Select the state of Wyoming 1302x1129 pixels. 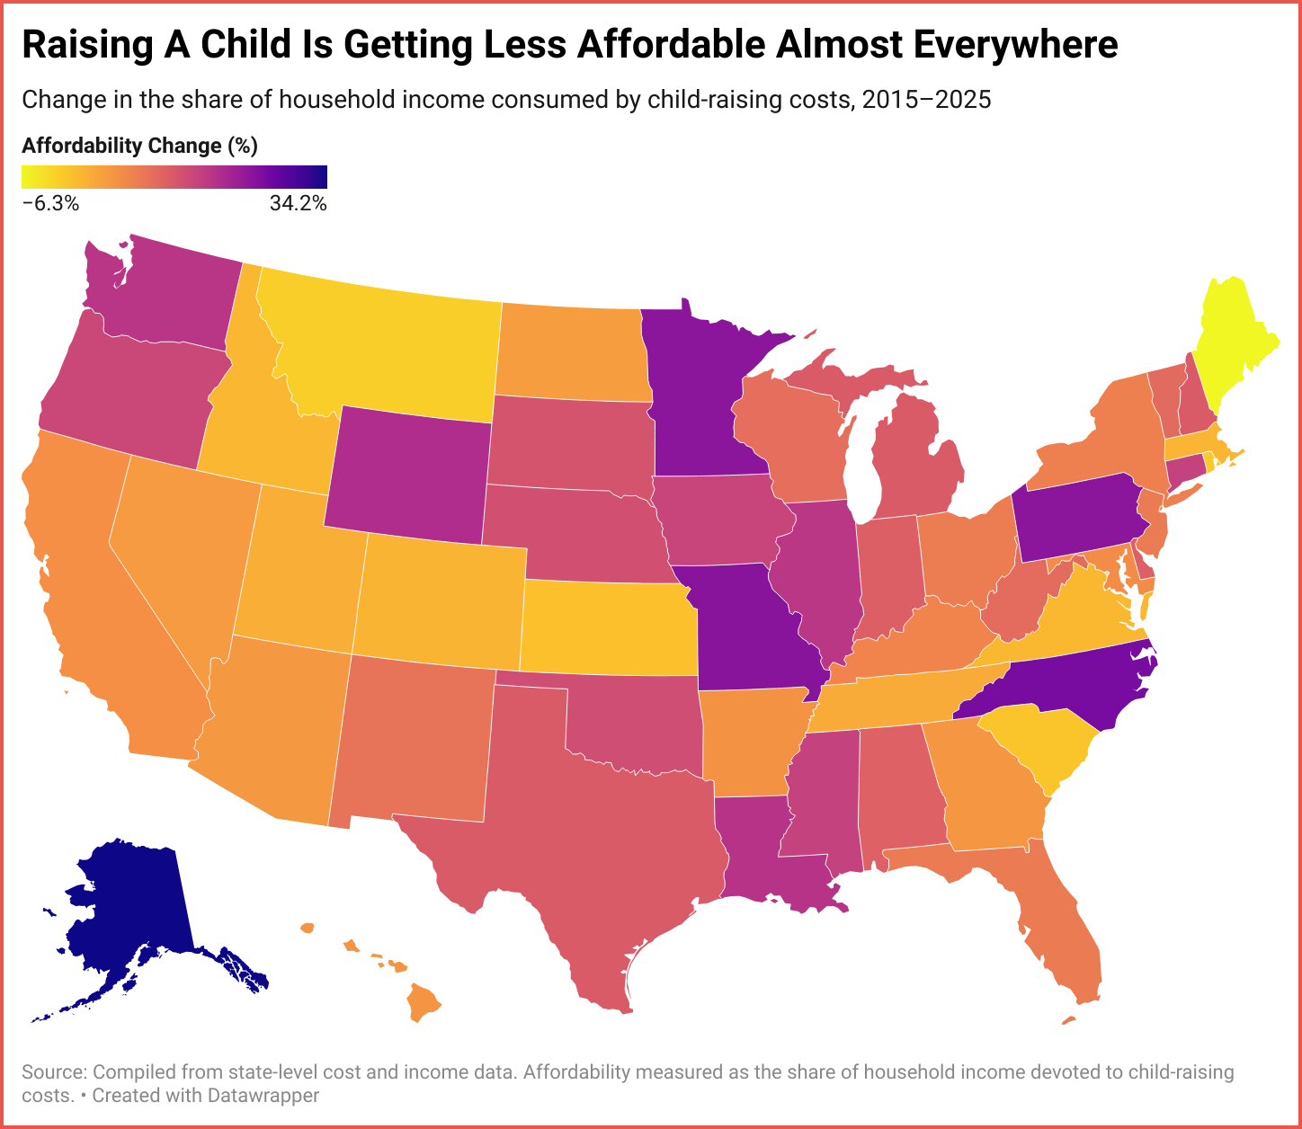pos(409,472)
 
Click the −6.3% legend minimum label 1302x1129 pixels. pos(50,204)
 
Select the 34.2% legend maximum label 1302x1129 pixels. pos(298,204)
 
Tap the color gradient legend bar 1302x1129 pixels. pos(174,176)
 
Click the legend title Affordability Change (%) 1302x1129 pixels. pos(139,146)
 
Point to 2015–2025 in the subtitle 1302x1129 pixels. pos(926,99)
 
